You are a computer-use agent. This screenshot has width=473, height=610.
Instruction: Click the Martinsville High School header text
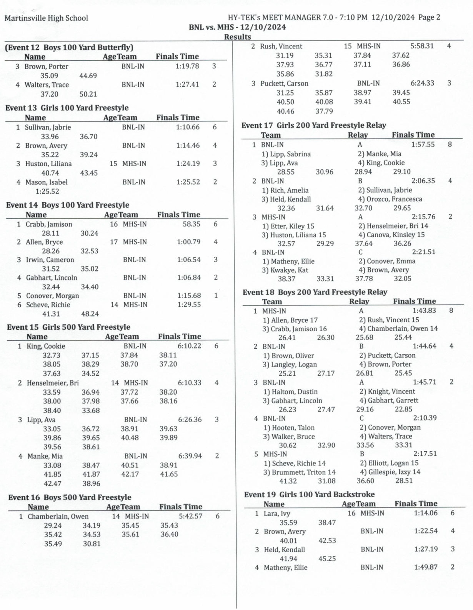click(46, 18)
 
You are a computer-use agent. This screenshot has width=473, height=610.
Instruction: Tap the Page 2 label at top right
click(429, 17)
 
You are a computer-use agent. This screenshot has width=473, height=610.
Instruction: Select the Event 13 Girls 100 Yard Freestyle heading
click(67, 108)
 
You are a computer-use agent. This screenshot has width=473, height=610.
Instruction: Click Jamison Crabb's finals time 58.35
click(191, 224)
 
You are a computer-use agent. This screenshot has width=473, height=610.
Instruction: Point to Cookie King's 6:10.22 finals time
click(189, 346)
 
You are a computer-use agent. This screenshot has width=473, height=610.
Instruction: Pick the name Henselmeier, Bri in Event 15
click(53, 383)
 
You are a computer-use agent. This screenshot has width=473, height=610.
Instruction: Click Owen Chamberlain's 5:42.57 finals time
click(190, 516)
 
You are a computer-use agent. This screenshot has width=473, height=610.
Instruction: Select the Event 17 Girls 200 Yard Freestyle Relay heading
click(313, 125)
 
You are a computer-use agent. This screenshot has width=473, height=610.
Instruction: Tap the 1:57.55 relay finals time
click(423, 145)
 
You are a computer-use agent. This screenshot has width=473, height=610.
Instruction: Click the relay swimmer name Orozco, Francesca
click(390, 199)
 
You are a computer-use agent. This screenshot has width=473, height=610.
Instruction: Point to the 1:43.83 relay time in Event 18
click(424, 311)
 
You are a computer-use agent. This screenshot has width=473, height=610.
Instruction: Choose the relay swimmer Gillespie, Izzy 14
click(390, 472)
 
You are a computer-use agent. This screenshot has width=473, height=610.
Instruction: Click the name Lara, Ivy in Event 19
click(277, 513)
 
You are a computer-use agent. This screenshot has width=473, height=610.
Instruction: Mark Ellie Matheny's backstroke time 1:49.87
click(426, 567)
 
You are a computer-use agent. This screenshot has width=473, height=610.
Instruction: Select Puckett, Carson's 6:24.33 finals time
click(422, 83)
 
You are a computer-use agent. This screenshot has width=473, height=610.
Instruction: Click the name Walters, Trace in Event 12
click(47, 85)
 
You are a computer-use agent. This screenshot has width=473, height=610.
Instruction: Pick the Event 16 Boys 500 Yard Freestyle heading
click(70, 497)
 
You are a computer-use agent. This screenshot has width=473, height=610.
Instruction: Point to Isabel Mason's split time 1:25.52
click(47, 191)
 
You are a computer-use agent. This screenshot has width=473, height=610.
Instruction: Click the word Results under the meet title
click(237, 37)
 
